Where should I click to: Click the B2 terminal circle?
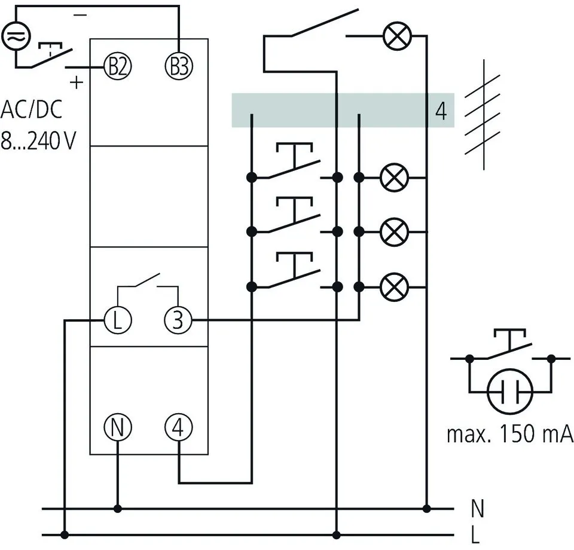pyautogui.click(x=117, y=65)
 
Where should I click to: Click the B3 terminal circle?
pyautogui.click(x=179, y=65)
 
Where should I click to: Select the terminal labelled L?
pyautogui.click(x=117, y=320)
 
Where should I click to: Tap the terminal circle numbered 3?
pyautogui.click(x=179, y=320)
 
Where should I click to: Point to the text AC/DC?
pyautogui.click(x=31, y=111)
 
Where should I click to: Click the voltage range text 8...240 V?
pyautogui.click(x=37, y=142)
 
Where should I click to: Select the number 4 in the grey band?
pyautogui.click(x=441, y=111)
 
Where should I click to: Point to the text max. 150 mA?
pyautogui.click(x=510, y=434)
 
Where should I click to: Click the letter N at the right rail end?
pyautogui.click(x=477, y=509)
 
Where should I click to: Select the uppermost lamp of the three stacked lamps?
pyautogui.click(x=394, y=178)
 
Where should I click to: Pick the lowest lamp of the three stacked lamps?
pyautogui.click(x=394, y=286)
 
